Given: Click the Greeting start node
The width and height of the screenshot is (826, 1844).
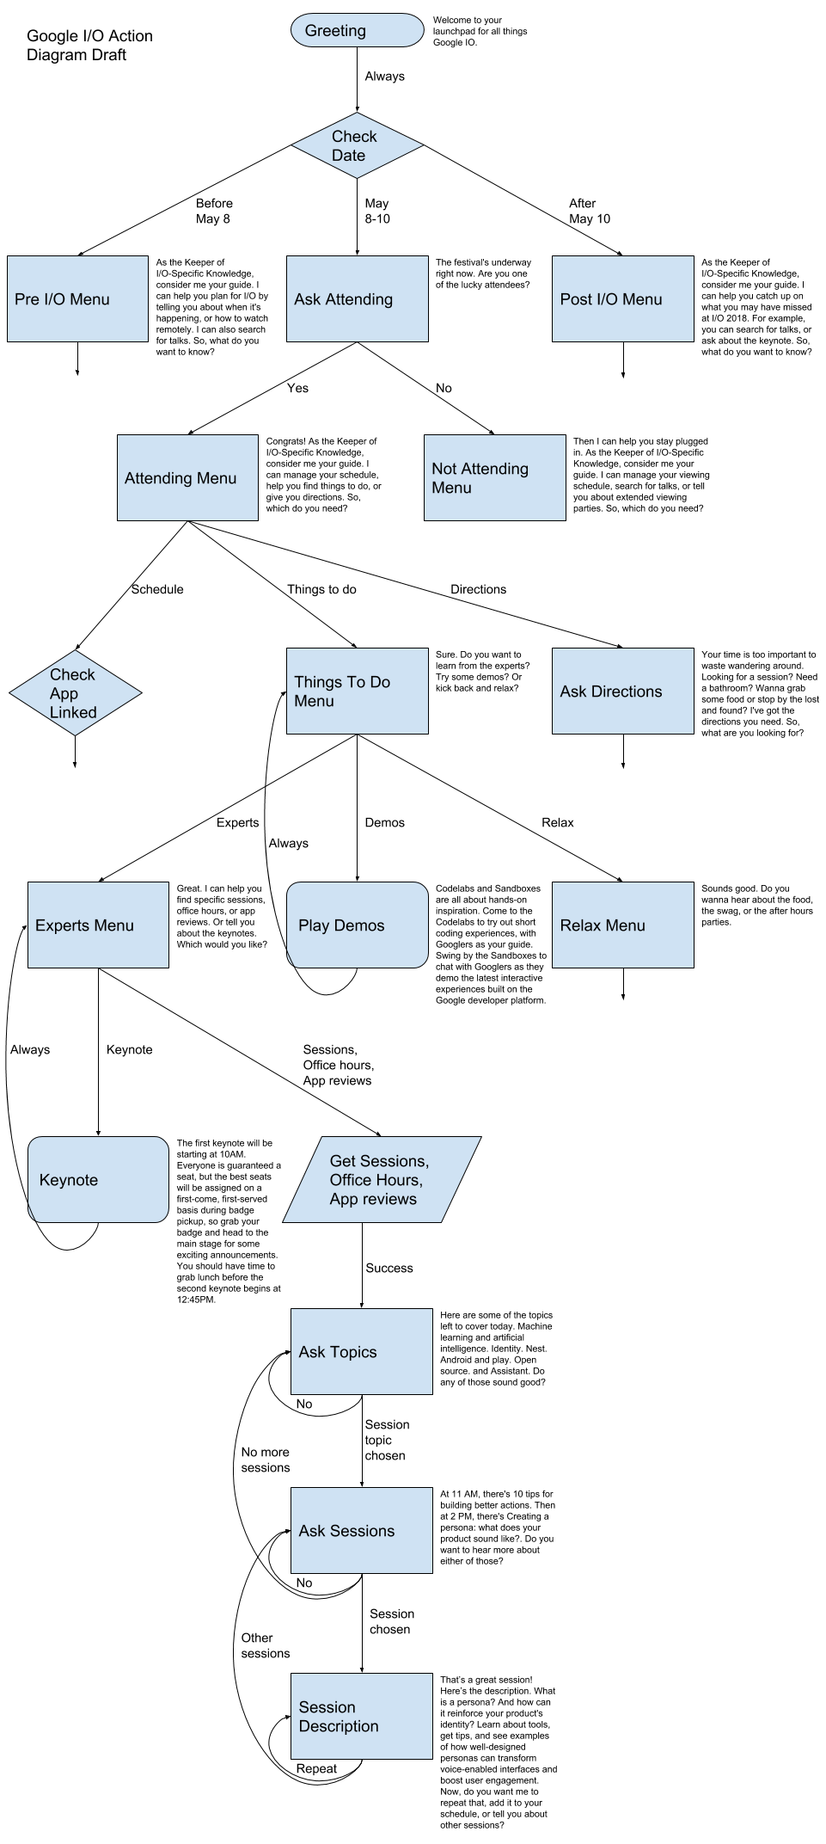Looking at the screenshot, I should [x=357, y=30].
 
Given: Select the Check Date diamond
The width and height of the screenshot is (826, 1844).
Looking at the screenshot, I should [x=357, y=145].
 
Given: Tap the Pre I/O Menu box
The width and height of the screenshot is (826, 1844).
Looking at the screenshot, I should [x=77, y=298].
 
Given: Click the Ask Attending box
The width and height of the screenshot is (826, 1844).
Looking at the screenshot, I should [x=357, y=298].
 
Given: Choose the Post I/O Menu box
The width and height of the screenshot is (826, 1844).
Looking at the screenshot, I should [x=622, y=298].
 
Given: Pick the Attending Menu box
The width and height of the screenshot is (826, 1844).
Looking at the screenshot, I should [x=187, y=477].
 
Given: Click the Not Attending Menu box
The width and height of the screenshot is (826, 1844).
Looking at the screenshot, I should [x=494, y=477].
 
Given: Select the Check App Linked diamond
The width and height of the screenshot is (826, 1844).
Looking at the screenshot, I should [x=76, y=692].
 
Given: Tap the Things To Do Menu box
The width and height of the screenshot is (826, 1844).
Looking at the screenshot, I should [x=357, y=691].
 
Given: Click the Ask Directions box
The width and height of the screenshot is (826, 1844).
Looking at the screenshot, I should [x=622, y=691].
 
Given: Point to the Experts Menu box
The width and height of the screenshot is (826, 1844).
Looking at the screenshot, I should [x=98, y=925].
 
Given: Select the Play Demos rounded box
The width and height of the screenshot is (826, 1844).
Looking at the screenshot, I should [x=357, y=925].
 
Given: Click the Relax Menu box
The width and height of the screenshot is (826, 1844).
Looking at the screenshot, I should [x=622, y=925].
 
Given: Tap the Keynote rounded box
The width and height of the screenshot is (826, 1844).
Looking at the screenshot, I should [x=98, y=1179].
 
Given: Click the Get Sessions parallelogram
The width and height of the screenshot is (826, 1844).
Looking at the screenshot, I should [x=382, y=1179].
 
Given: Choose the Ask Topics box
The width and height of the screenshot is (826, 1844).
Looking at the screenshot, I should [x=361, y=1351].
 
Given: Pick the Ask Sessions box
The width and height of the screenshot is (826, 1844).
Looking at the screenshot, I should [x=361, y=1530].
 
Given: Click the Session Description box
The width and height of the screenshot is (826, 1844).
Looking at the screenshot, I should [x=361, y=1716].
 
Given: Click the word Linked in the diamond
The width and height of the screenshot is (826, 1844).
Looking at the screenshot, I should [x=73, y=712].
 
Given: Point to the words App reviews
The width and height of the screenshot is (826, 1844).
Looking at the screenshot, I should [x=373, y=1199].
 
